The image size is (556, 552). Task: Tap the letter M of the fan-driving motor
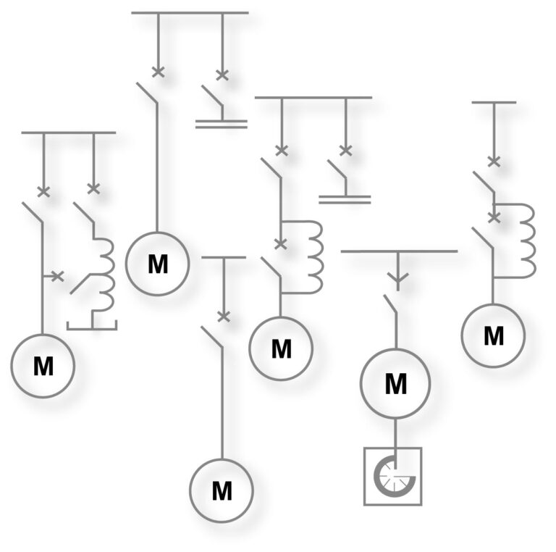pyautogui.click(x=396, y=384)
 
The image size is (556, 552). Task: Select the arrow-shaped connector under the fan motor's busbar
pyautogui.click(x=398, y=278)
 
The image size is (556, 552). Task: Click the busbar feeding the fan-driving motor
pyautogui.click(x=399, y=251)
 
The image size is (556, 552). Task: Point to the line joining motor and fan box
pyautogui.click(x=395, y=433)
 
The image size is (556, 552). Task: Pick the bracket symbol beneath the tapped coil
pyautogui.click(x=92, y=325)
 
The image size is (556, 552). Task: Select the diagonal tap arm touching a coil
pyautogui.click(x=80, y=284)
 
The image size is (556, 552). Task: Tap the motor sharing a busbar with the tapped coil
pyautogui.click(x=43, y=366)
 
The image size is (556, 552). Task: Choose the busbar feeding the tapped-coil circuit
pyautogui.click(x=69, y=133)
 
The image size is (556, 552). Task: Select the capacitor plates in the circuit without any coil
pyautogui.click(x=222, y=124)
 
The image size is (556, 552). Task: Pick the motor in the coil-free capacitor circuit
pyautogui.click(x=157, y=264)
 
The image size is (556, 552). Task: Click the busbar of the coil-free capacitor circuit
pyautogui.click(x=190, y=13)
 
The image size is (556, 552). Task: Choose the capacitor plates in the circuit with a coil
pyautogui.click(x=345, y=200)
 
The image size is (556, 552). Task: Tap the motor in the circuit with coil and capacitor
pyautogui.click(x=281, y=348)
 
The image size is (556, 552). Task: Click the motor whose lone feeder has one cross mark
pyautogui.click(x=222, y=490)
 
